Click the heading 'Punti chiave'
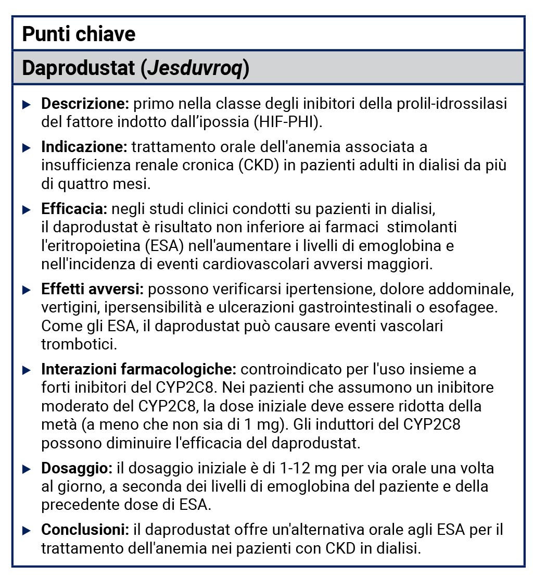[79, 34]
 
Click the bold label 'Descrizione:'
[85, 104]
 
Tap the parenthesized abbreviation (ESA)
[162, 245]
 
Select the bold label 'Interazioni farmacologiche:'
[139, 369]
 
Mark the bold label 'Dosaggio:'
[77, 468]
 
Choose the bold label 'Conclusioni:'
[85, 530]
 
